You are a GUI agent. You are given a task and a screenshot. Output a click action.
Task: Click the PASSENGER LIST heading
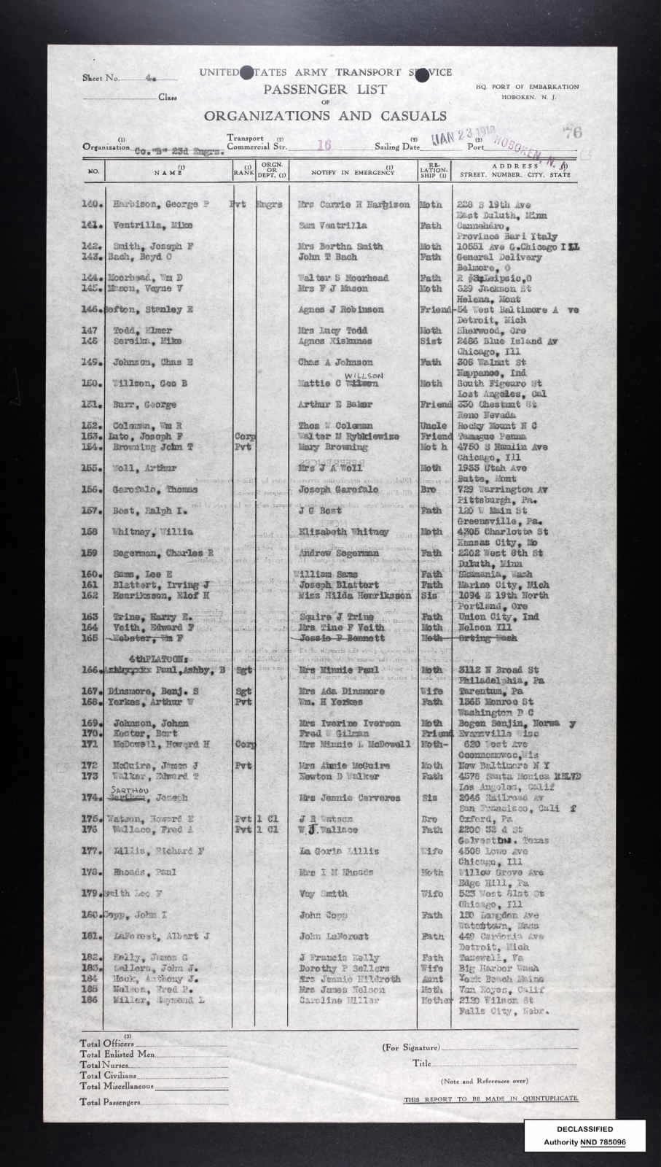click(325, 90)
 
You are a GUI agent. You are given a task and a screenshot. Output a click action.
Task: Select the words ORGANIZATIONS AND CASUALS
click(325, 115)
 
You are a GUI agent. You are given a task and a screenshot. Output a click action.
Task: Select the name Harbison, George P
click(161, 205)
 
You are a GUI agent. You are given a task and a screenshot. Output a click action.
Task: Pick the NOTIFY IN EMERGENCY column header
click(353, 174)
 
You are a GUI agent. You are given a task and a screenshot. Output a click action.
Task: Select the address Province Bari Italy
click(506, 236)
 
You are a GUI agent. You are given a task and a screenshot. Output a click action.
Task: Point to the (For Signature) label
click(411, 1047)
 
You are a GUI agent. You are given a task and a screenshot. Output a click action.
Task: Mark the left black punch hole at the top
click(247, 72)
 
